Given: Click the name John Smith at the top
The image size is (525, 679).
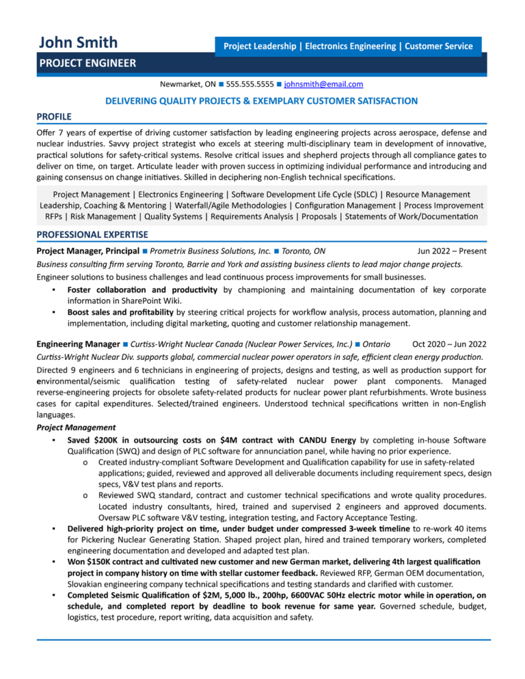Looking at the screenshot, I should [x=78, y=42].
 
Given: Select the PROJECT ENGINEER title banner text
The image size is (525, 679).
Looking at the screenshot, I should [x=87, y=64].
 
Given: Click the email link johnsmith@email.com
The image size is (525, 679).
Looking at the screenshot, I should [x=323, y=84].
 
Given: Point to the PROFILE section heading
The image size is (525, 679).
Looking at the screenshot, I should [x=54, y=116].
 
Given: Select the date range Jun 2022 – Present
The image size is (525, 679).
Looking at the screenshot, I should [x=452, y=251].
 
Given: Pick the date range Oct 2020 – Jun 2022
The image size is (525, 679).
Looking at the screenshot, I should [x=450, y=344].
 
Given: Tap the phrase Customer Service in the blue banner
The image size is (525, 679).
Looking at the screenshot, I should [x=438, y=46].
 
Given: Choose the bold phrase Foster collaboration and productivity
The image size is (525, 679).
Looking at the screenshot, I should [x=142, y=290].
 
